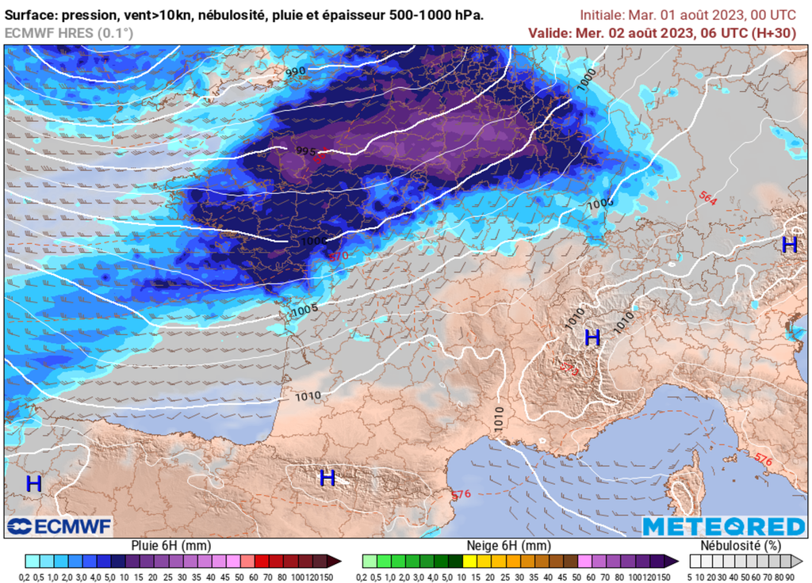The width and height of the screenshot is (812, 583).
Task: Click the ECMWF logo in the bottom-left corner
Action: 59,526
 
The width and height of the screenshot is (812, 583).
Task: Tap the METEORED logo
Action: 723,527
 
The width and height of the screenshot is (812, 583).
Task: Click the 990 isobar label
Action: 296,72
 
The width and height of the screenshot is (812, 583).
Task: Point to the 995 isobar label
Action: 306,151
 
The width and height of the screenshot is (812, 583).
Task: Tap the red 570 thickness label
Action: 339,255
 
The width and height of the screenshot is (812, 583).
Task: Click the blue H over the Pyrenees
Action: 327,478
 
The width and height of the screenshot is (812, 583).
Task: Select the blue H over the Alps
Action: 592,338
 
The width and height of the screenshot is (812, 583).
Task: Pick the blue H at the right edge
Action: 789,245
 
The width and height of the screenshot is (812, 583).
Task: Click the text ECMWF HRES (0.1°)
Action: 69,32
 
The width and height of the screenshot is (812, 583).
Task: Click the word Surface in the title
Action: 31,15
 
